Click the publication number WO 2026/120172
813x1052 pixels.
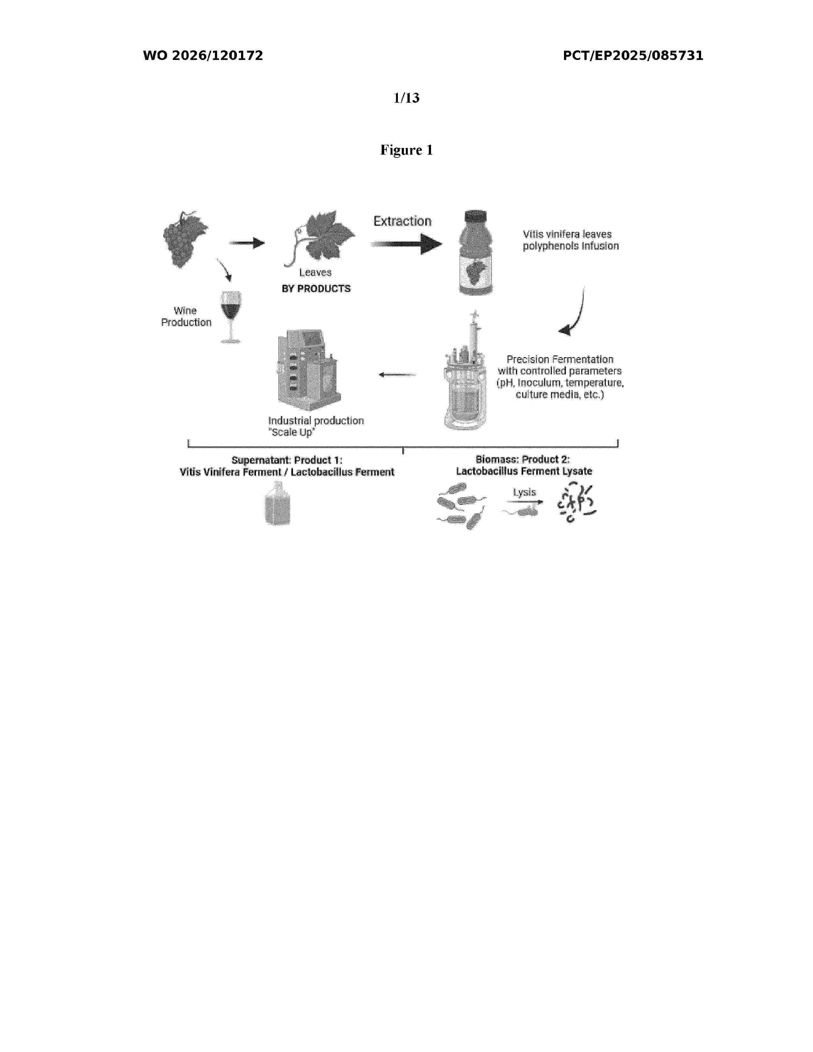tap(203, 56)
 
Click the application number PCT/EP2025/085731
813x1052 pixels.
tap(633, 56)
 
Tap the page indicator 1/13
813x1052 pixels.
tap(406, 98)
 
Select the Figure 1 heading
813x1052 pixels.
tap(406, 150)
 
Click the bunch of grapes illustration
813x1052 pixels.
tap(185, 239)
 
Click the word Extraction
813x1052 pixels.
tap(402, 221)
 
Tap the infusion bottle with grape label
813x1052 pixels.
tap(475, 252)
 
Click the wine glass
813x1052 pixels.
tap(231, 317)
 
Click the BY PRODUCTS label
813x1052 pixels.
tap(316, 289)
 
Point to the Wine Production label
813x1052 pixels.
tap(186, 317)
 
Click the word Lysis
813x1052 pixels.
tap(524, 492)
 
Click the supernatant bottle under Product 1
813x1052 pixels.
tap(278, 503)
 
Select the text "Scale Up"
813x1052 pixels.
tap(292, 433)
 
